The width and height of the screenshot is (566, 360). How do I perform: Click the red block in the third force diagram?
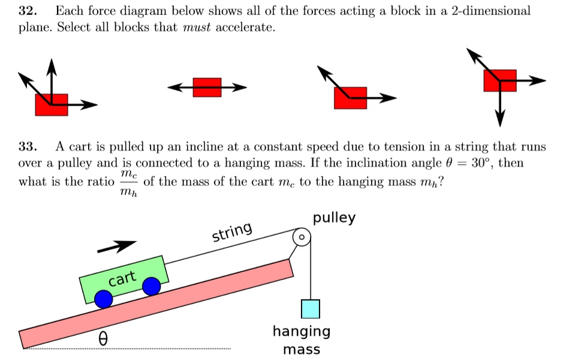tap(351, 98)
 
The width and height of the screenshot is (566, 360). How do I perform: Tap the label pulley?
tap(334, 217)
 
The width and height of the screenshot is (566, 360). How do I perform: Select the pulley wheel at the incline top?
tap(303, 238)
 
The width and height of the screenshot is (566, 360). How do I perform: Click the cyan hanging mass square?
tap(311, 308)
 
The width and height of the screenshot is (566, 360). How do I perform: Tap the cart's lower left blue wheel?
tap(104, 298)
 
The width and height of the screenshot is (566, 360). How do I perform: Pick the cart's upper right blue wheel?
tap(151, 286)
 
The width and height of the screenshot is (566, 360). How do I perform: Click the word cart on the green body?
tap(122, 278)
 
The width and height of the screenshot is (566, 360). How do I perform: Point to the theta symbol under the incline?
tap(103, 340)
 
